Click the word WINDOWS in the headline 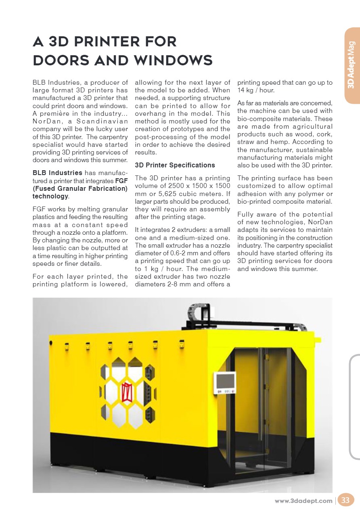174,60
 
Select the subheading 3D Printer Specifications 175,165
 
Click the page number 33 345,501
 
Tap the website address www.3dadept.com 303,501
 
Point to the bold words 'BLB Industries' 57,173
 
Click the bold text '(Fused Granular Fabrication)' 80,188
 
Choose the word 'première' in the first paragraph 60,113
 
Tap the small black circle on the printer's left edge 51,343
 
